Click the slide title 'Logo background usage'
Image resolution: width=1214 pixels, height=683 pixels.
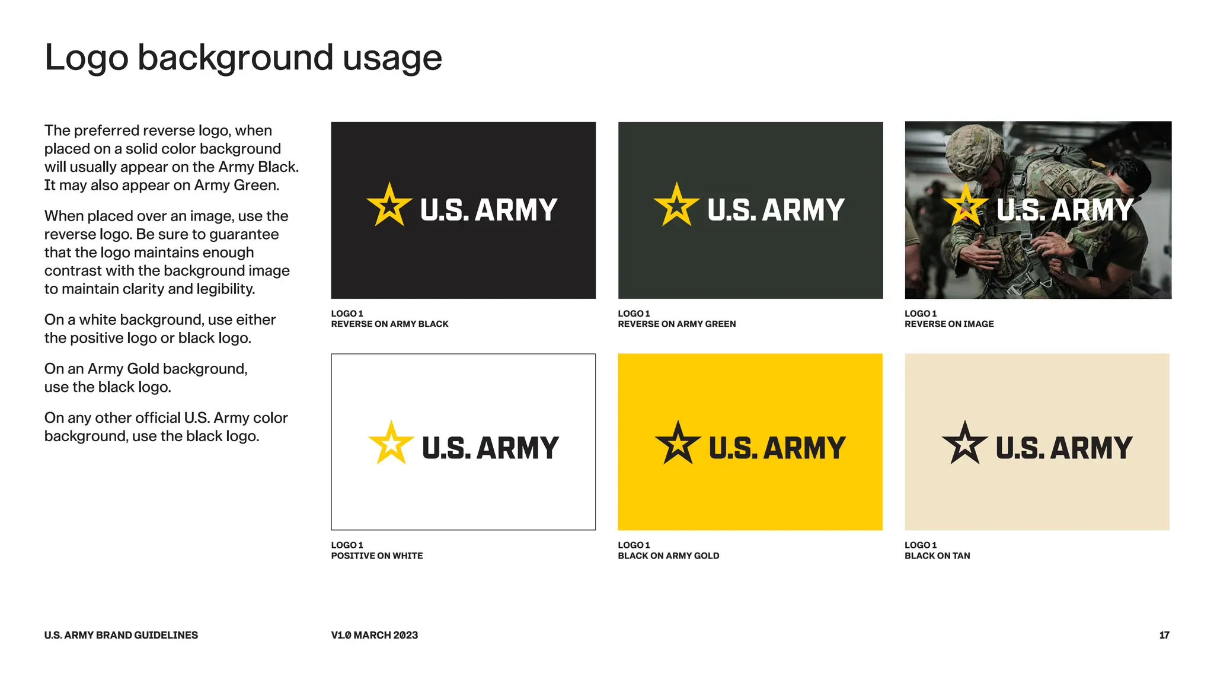pyautogui.click(x=243, y=58)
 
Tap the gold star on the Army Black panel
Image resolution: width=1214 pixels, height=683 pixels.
pyautogui.click(x=389, y=206)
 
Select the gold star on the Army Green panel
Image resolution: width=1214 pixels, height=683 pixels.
pyautogui.click(x=676, y=206)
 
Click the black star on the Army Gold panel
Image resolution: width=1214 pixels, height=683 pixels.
pyautogui.click(x=678, y=443)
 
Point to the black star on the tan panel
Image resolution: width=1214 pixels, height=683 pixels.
pyautogui.click(x=964, y=443)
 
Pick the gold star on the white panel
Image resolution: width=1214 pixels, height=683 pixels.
pyautogui.click(x=391, y=443)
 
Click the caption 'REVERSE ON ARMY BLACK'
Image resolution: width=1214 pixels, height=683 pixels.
pyautogui.click(x=389, y=324)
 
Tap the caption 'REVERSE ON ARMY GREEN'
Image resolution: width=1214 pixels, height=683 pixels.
pyautogui.click(x=676, y=324)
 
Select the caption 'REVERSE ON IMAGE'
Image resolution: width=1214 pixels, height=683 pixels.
pyautogui.click(x=949, y=324)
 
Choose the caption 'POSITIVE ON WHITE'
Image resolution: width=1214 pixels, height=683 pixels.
pyautogui.click(x=376, y=556)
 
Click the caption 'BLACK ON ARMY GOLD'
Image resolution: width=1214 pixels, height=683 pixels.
pyautogui.click(x=668, y=556)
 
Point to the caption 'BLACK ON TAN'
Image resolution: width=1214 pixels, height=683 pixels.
pyautogui.click(x=937, y=556)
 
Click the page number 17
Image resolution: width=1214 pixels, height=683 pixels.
pyautogui.click(x=1164, y=635)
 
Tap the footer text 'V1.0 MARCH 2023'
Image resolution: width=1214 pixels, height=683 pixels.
pyautogui.click(x=374, y=635)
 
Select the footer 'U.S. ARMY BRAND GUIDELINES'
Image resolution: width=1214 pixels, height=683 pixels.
pyautogui.click(x=121, y=635)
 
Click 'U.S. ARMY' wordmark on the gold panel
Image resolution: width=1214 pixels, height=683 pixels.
pyautogui.click(x=777, y=448)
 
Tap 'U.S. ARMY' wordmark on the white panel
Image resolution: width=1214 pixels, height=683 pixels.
pyautogui.click(x=490, y=448)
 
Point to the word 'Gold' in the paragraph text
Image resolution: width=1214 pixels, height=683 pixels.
pyautogui.click(x=143, y=369)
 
